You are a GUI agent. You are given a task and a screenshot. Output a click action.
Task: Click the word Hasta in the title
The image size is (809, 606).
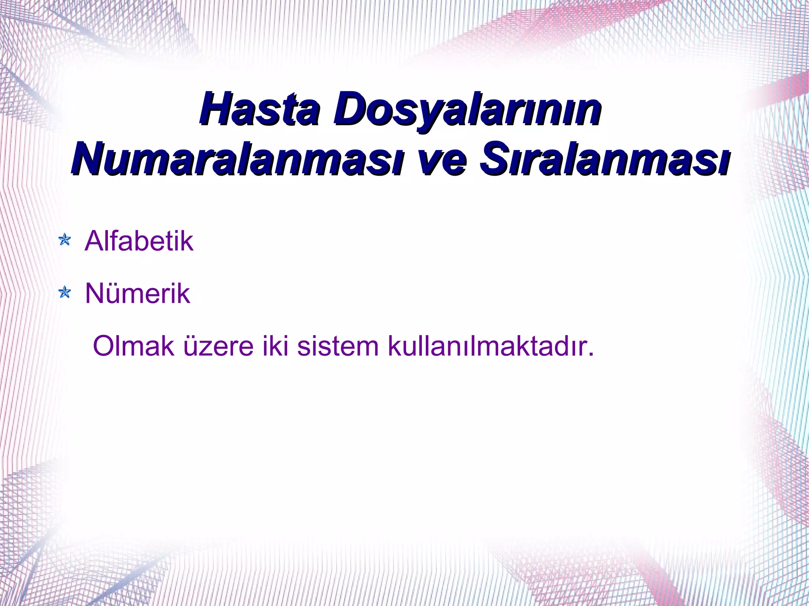click(x=259, y=109)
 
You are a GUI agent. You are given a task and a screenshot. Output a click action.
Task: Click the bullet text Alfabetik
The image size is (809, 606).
click(x=139, y=241)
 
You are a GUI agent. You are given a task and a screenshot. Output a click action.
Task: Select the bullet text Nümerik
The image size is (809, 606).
click(x=137, y=294)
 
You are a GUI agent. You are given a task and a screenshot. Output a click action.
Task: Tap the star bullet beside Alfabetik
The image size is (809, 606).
click(x=64, y=240)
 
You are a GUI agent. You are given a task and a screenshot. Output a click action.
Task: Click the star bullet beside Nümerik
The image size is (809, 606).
click(x=64, y=293)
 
